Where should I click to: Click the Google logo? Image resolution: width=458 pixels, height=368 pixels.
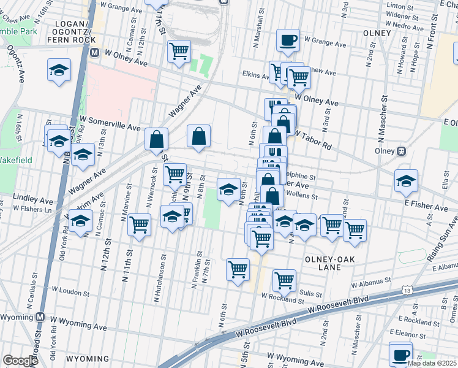coord(21,361)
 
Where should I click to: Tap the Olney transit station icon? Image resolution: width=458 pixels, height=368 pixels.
coord(402,150)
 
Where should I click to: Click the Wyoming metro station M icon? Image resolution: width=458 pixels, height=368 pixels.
coord(40,317)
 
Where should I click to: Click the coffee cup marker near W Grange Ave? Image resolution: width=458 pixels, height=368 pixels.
coord(288,40)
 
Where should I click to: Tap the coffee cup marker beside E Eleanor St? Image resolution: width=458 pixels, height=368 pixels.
coord(400,354)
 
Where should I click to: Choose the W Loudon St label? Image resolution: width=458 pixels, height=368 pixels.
coord(74,291)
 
